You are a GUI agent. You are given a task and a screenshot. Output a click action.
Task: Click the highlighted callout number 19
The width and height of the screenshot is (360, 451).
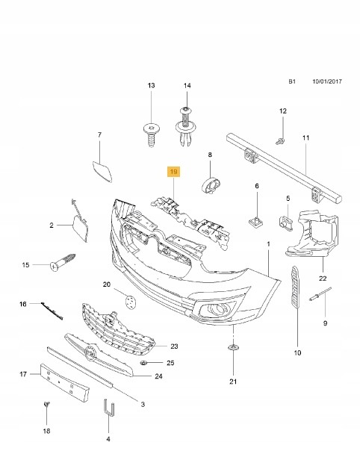click(173, 172)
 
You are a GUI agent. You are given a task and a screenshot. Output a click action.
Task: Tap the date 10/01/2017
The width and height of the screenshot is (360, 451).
click(327, 81)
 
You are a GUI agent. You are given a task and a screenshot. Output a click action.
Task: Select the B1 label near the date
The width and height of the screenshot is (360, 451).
click(292, 81)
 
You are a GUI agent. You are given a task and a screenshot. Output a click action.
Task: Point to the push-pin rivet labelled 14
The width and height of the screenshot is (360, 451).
click(186, 126)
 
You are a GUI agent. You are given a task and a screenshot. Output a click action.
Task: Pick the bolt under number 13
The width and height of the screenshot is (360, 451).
click(152, 134)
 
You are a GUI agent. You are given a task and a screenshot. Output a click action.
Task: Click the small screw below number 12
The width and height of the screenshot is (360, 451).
click(280, 141)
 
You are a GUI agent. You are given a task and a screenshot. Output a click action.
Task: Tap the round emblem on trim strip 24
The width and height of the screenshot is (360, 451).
click(91, 352)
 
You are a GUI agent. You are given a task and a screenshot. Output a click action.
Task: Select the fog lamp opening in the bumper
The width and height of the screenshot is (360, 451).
click(218, 309)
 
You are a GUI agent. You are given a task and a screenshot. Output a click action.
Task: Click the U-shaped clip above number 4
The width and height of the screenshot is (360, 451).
click(108, 408)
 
